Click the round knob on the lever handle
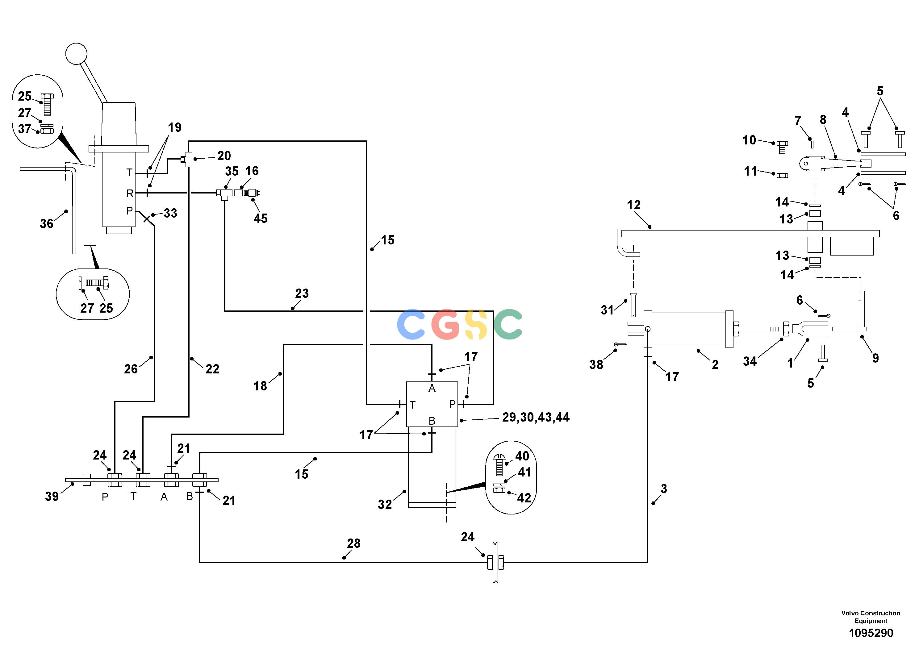click(76, 54)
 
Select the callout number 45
click(261, 218)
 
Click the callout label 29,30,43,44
click(536, 417)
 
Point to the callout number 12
click(634, 205)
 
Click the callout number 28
click(353, 543)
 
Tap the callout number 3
click(664, 489)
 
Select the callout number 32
click(385, 504)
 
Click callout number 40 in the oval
click(522, 456)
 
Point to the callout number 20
click(224, 156)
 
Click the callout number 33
click(170, 213)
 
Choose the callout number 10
click(749, 140)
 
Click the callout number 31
click(607, 310)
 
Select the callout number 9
click(875, 358)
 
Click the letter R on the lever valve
click(130, 194)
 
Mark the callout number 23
click(302, 293)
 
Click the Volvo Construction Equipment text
click(871, 617)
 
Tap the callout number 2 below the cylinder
click(715, 364)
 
